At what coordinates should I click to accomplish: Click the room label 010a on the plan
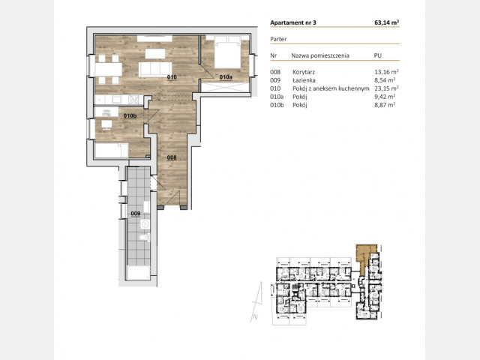pos(226,77)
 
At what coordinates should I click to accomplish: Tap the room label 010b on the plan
pos(130,115)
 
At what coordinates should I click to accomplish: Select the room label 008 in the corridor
pos(172,157)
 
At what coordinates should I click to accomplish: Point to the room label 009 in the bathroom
pos(135,213)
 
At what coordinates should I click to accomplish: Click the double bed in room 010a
pos(227,52)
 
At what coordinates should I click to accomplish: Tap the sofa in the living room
pos(155,69)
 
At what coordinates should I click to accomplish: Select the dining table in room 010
pos(108,69)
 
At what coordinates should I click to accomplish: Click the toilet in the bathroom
pos(145,237)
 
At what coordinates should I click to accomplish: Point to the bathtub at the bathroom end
pos(138,273)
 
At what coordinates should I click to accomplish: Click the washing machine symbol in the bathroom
pos(145,224)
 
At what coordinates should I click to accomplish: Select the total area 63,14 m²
pos(387,22)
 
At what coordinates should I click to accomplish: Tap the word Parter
pos(278,39)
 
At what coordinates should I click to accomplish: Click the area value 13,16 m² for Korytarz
pos(386,72)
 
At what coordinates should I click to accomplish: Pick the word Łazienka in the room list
pos(304,80)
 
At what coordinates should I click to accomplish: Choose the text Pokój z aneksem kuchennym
pos(331,88)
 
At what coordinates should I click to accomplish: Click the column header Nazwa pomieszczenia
pos(320,55)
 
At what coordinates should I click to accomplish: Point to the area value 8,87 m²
pos(385,105)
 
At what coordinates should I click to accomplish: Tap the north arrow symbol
pos(257,301)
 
